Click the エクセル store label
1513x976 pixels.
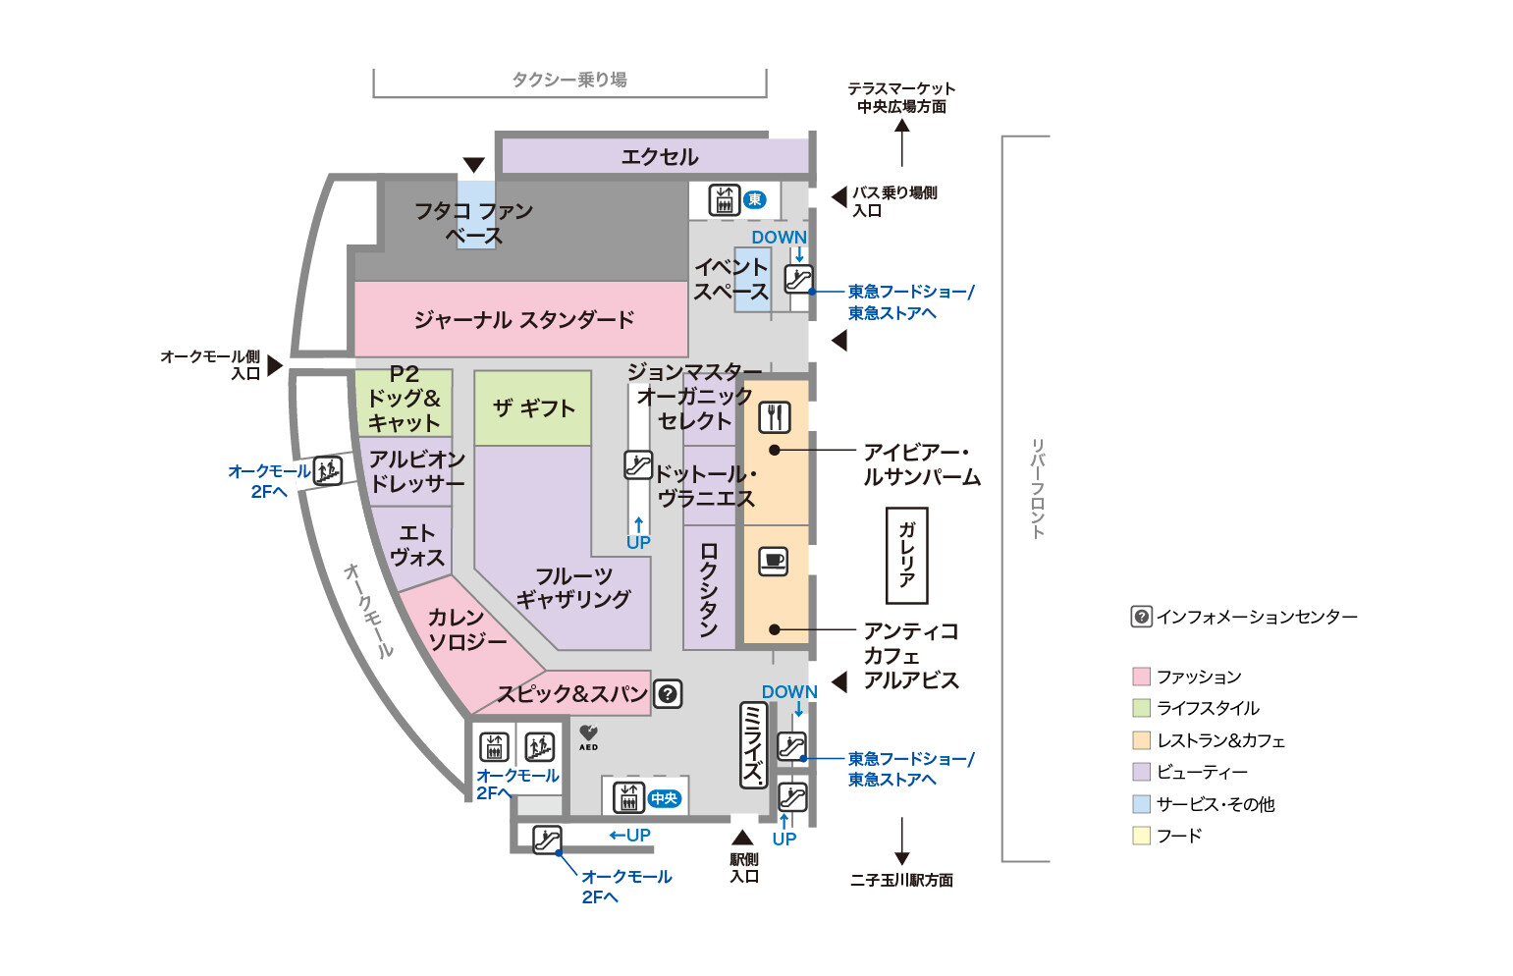[x=659, y=157]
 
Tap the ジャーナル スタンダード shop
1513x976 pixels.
[x=523, y=319]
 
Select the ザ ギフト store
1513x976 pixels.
[x=533, y=408]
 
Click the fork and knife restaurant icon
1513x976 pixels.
[x=775, y=417]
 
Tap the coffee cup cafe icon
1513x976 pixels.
[x=774, y=561]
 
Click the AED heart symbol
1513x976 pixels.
[x=588, y=733]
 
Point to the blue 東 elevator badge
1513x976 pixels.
[x=754, y=200]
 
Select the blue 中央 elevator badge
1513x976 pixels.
[x=665, y=798]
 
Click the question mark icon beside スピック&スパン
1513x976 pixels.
[x=668, y=694]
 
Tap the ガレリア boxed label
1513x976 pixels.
[x=906, y=555]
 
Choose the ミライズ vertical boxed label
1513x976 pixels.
[x=752, y=745]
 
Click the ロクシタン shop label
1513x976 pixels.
[x=709, y=589]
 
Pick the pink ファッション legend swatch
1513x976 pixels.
[x=1141, y=677]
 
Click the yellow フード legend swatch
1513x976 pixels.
[x=1141, y=836]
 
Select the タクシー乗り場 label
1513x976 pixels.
[x=569, y=80]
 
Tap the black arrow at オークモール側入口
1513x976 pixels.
[x=275, y=365]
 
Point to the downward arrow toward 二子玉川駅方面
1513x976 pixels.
[x=901, y=842]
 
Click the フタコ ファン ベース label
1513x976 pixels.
[x=473, y=223]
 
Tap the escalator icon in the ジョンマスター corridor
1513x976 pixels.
[x=638, y=464]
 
